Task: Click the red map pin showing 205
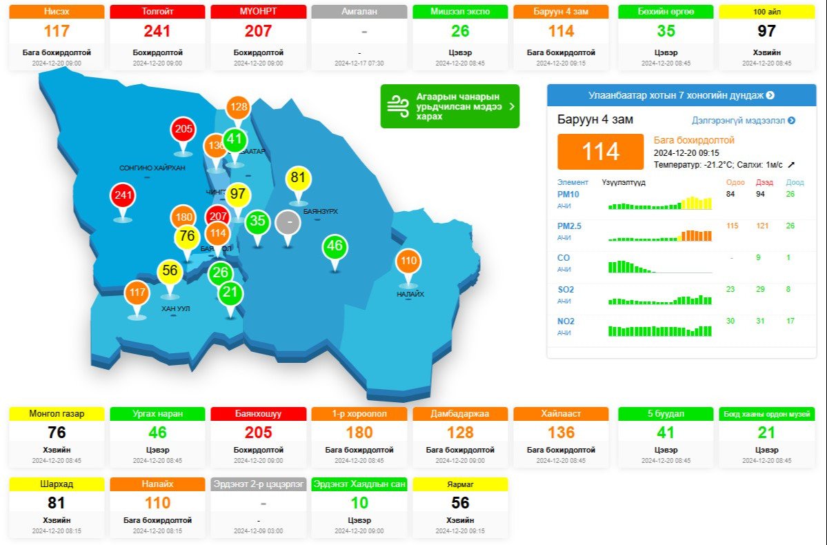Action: click(183, 130)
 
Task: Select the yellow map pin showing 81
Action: click(298, 179)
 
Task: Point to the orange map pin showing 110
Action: click(408, 262)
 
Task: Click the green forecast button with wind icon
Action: click(450, 106)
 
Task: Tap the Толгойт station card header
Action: click(157, 12)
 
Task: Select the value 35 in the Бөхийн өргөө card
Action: click(666, 31)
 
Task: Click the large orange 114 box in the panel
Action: click(600, 152)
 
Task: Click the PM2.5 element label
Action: click(569, 226)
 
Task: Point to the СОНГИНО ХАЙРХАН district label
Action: click(152, 168)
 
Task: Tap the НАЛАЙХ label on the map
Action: click(410, 295)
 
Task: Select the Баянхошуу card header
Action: click(258, 414)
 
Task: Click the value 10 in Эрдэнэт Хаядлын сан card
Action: click(359, 503)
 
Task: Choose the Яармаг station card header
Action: click(460, 484)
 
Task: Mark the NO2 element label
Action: click(566, 321)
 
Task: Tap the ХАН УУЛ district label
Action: click(175, 309)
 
